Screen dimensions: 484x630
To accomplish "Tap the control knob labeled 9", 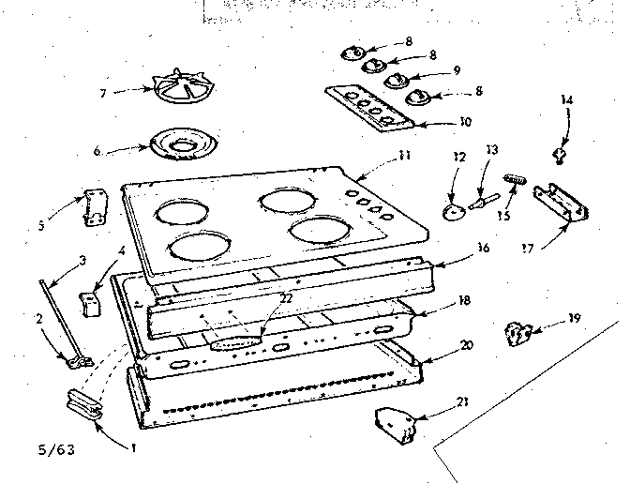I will [396, 80].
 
